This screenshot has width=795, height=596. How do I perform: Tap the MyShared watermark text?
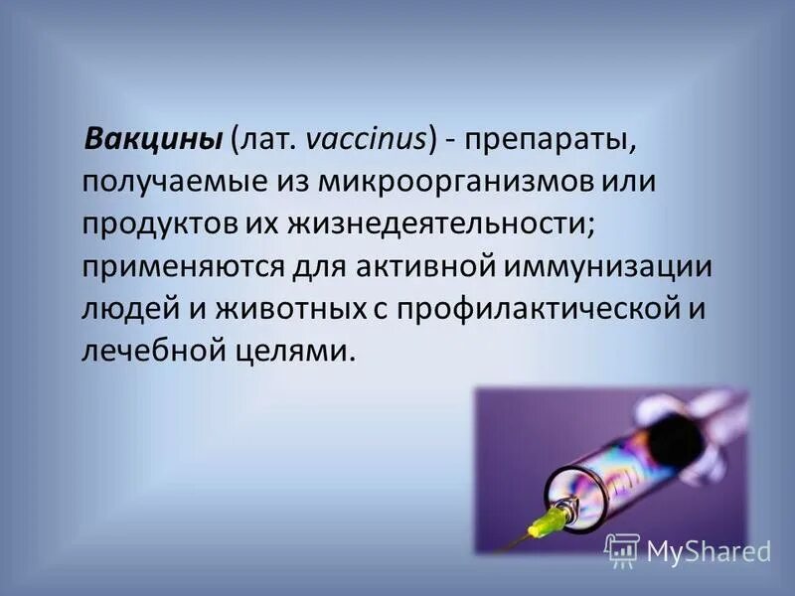(x=709, y=551)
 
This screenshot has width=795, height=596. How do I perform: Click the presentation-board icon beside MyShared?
(x=623, y=550)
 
